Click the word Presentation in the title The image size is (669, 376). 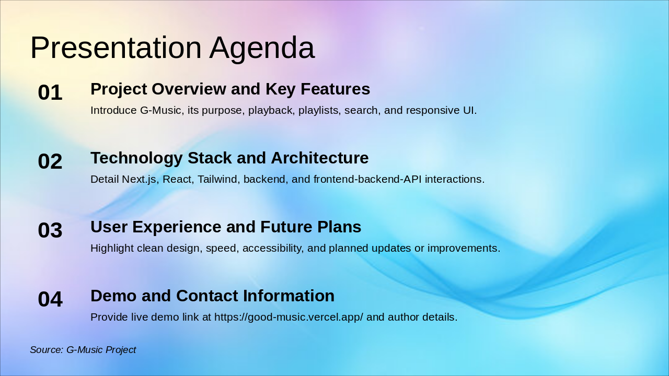(x=116, y=48)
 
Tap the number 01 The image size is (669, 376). (x=50, y=92)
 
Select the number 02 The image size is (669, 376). (x=50, y=161)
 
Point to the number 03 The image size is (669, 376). (x=50, y=230)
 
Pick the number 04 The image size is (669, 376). (x=50, y=299)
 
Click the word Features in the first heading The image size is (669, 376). (x=336, y=89)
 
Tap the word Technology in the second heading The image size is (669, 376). (x=136, y=158)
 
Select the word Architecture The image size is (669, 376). (x=319, y=158)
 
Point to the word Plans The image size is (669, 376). (x=339, y=227)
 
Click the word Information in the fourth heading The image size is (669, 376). (x=289, y=296)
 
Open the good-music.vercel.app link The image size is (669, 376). (x=289, y=317)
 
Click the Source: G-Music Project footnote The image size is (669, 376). (x=83, y=350)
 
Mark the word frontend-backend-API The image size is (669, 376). (x=367, y=179)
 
